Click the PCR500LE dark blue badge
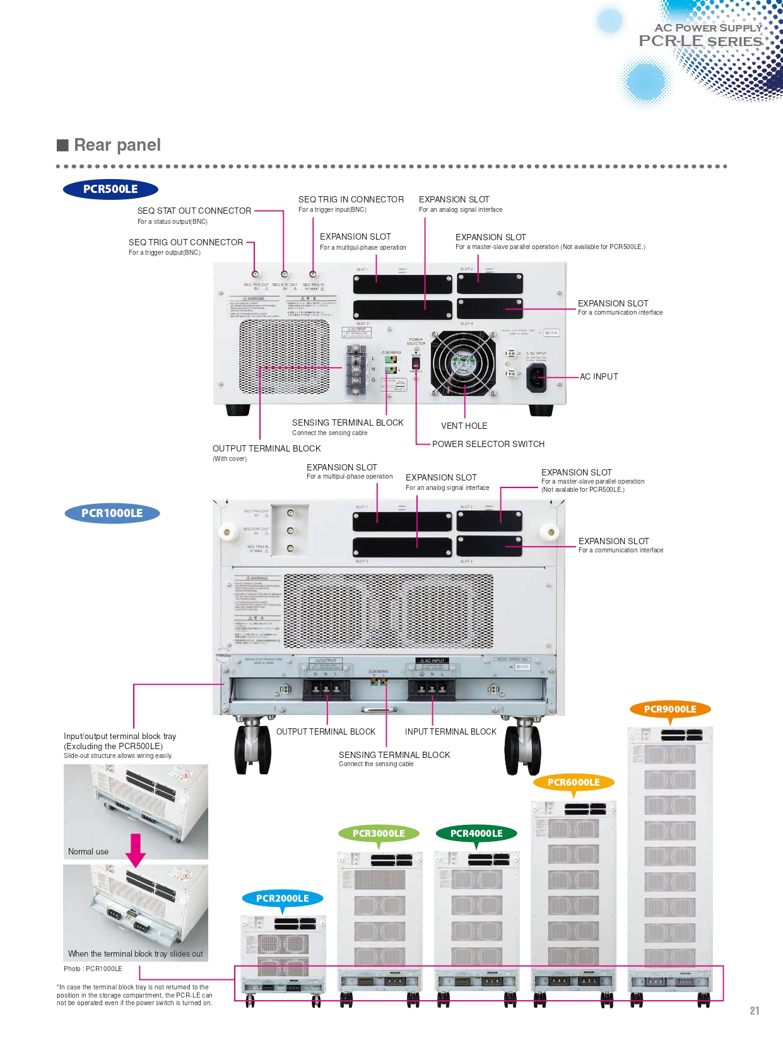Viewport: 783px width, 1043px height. [110, 189]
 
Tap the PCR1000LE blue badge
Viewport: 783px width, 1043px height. [112, 513]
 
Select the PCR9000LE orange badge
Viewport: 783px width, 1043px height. [670, 709]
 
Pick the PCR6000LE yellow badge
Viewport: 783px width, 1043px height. [574, 783]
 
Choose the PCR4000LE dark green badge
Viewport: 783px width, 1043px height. [476, 834]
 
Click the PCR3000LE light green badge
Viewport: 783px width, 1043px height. [379, 834]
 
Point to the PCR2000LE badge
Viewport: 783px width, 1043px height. [283, 899]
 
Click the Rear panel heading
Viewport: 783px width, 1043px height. [117, 145]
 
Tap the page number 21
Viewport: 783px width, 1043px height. [755, 1011]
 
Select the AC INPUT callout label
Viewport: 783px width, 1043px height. [599, 376]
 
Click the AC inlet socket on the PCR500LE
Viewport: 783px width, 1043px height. [536, 378]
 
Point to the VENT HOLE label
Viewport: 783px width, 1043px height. [464, 426]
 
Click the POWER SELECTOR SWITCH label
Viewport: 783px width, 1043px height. [488, 444]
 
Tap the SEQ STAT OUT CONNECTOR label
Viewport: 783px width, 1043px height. [194, 211]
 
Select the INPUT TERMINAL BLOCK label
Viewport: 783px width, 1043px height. [450, 731]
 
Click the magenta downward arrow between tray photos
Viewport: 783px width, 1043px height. [136, 850]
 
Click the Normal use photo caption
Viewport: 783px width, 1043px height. [88, 851]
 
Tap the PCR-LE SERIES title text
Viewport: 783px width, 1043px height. [700, 42]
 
